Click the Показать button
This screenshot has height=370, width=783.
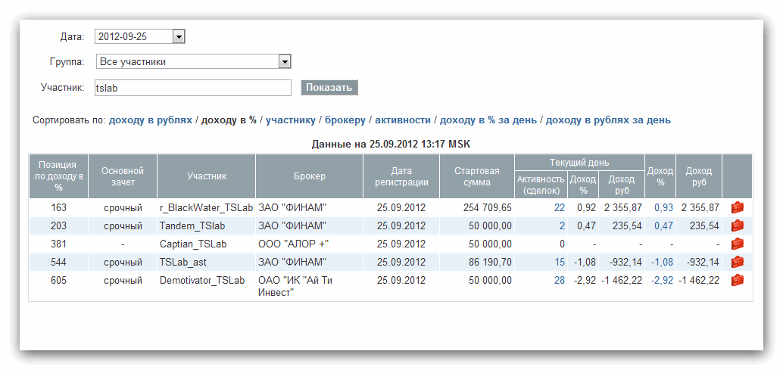(329, 88)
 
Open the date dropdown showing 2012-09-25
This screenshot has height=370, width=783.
(179, 36)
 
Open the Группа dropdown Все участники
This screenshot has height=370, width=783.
(285, 62)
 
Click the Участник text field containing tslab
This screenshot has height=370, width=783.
(192, 88)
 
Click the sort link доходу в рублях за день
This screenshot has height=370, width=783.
(608, 120)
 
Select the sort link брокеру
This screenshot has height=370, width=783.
(345, 120)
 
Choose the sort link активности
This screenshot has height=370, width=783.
(403, 120)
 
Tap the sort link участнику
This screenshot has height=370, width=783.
(290, 120)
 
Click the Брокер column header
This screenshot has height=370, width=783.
(309, 176)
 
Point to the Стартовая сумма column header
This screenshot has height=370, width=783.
(477, 176)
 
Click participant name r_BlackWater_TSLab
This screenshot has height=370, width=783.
(205, 207)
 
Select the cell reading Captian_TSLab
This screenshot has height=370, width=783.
(193, 244)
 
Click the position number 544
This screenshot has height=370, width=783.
(59, 262)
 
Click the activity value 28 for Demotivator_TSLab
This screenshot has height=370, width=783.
(559, 280)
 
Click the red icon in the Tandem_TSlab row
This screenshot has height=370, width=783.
(737, 225)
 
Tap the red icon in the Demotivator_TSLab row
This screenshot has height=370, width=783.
(737, 280)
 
